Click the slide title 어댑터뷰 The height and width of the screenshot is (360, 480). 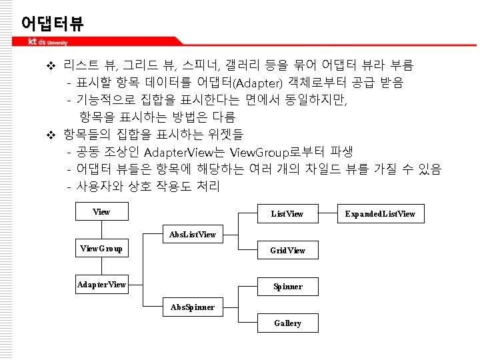coord(52,24)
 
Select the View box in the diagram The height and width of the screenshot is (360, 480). coord(101,212)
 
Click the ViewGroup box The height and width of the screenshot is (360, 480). coord(101,249)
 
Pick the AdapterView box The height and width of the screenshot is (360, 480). coord(101,285)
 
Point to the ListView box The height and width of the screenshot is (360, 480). coord(287,214)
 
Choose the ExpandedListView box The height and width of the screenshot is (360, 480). coord(380,214)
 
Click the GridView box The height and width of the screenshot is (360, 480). coord(287,251)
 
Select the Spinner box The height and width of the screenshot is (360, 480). coord(287,287)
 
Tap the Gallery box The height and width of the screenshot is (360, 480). coord(287,323)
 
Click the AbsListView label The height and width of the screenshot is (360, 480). coord(193,235)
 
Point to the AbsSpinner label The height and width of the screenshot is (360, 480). coord(193,307)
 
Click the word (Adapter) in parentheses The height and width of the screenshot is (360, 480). coord(256,83)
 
